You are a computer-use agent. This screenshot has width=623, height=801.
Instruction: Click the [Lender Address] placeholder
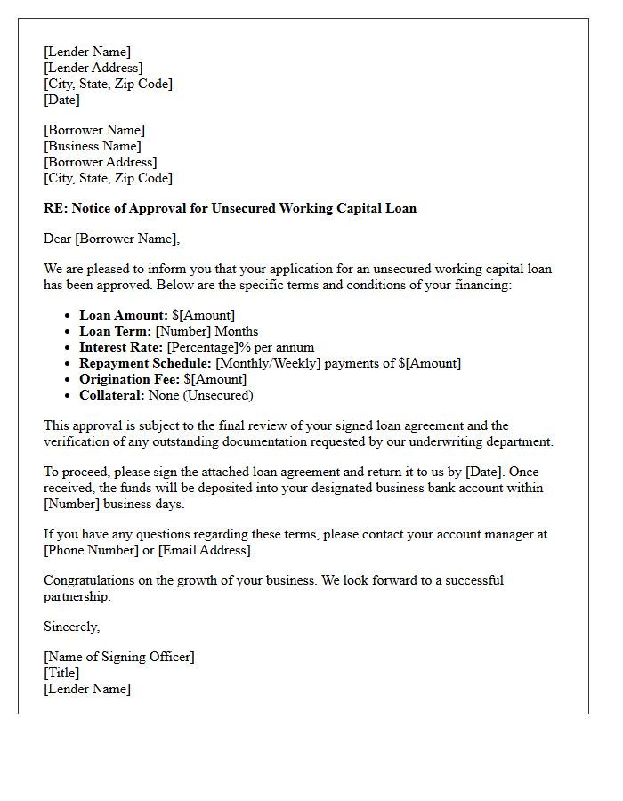tap(93, 68)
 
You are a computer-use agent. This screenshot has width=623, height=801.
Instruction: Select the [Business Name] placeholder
tap(93, 146)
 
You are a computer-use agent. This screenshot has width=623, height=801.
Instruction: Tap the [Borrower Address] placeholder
tap(100, 162)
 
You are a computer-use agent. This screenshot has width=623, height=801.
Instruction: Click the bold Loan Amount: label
tap(124, 315)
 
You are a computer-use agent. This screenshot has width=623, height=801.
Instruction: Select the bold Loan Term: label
tap(116, 331)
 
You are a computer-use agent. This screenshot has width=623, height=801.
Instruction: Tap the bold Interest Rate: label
tap(121, 347)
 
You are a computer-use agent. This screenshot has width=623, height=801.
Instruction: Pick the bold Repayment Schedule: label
tap(146, 363)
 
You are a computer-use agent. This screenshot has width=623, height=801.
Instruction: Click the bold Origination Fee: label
tap(130, 379)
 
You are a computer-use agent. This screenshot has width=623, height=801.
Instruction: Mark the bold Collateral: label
tap(112, 395)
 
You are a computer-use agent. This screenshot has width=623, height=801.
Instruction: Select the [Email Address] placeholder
tap(206, 550)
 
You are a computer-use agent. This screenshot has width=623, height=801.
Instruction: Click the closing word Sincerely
tap(71, 627)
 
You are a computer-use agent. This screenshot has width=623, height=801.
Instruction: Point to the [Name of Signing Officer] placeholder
tap(119, 657)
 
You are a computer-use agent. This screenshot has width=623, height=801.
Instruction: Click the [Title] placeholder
tap(61, 673)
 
